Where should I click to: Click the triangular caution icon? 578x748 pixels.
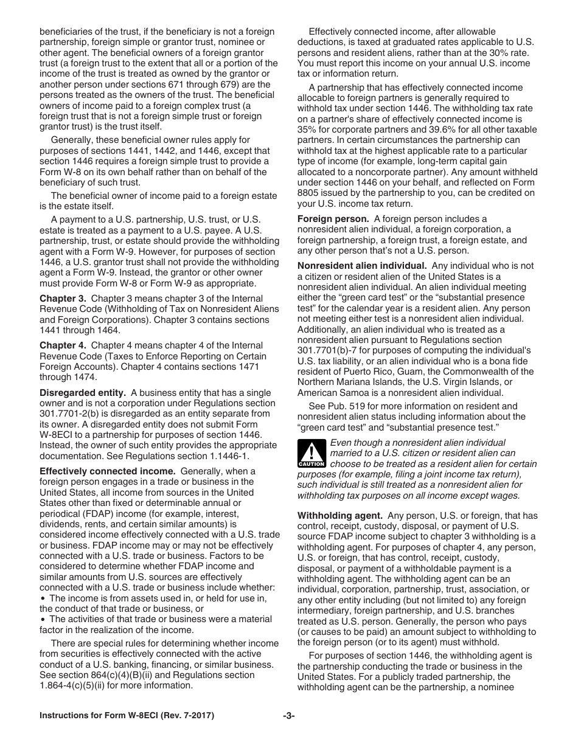click(x=312, y=454)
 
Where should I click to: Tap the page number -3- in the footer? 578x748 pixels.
click(x=288, y=716)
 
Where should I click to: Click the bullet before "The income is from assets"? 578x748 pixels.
click(x=43, y=598)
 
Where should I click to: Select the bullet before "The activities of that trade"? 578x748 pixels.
click(x=43, y=619)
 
